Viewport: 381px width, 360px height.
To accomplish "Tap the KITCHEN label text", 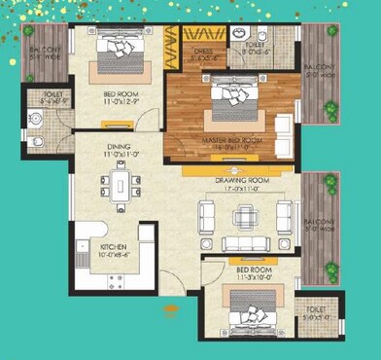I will coord(114,247).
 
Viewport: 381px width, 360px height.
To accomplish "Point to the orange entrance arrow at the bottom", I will coord(173,311).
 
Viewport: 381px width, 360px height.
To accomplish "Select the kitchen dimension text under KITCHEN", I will coord(114,256).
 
